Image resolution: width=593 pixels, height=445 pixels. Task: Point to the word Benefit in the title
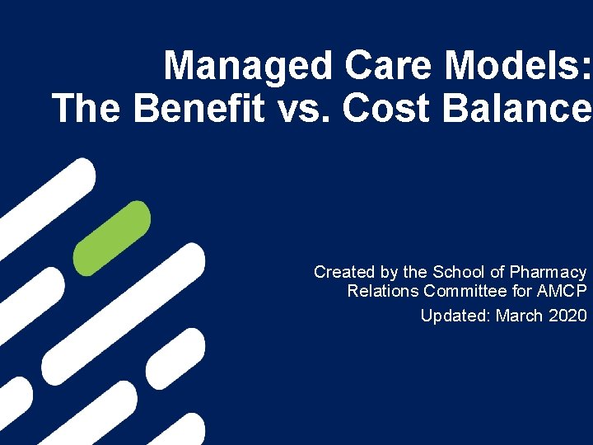[198, 109]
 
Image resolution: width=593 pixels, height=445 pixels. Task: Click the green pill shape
[111, 238]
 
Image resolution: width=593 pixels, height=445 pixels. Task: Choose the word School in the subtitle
[457, 272]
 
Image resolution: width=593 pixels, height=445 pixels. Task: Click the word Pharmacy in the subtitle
[548, 273]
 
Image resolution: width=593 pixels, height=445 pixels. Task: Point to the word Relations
[383, 291]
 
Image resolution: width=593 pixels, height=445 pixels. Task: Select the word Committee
[465, 291]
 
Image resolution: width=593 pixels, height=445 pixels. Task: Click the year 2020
[567, 316]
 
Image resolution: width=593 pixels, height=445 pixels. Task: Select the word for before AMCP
[521, 291]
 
